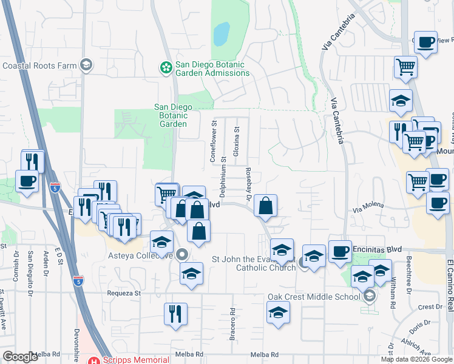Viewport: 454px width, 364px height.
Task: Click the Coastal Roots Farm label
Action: coord(40,66)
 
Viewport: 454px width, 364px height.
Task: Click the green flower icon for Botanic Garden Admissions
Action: coord(165,69)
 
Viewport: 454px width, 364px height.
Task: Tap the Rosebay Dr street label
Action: coord(249,184)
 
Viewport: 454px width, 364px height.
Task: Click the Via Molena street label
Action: coord(368,206)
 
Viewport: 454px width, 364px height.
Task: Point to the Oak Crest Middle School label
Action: coord(314,297)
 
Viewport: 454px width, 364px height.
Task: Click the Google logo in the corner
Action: coord(20,357)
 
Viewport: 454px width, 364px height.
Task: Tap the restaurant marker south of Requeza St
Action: coord(175,314)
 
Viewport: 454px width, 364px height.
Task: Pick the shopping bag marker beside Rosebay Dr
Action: coord(265,206)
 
